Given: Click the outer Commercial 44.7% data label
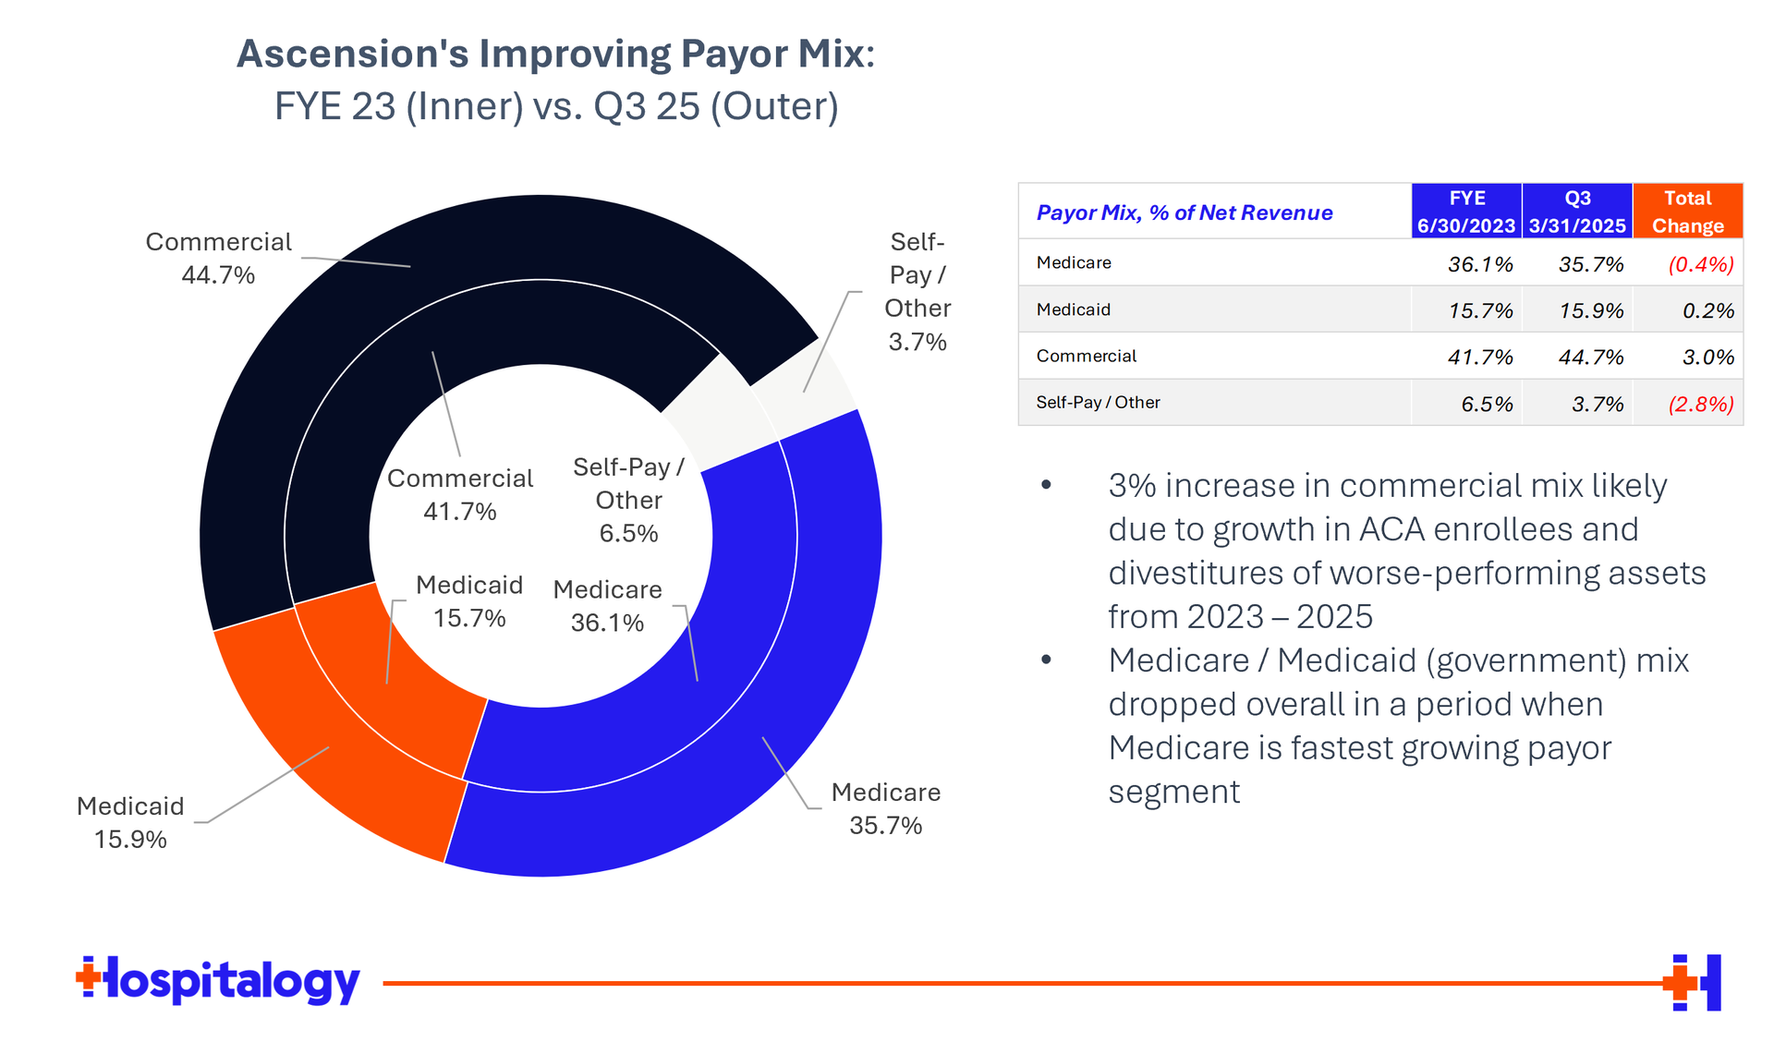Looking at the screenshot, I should [218, 259].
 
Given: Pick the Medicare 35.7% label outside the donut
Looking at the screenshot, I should [885, 808].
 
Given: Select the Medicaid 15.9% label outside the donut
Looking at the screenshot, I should [130, 822].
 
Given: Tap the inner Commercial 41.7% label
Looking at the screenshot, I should [460, 494].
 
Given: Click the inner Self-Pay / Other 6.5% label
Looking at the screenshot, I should [628, 500].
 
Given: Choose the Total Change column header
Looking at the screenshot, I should [1687, 212].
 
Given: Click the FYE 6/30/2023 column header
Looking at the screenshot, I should [1466, 212].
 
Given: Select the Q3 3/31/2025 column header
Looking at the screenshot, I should [1577, 212].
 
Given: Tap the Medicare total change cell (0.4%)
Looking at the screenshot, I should [1700, 264].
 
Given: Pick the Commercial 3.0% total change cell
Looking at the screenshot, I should [1707, 357].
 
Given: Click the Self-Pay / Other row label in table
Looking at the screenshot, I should [1098, 403].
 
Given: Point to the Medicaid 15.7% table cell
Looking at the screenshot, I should [1480, 310].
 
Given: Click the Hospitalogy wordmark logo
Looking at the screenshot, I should [218, 981].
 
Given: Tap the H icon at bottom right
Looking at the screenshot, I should [1693, 982].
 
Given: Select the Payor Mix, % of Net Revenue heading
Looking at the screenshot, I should [1184, 212].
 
